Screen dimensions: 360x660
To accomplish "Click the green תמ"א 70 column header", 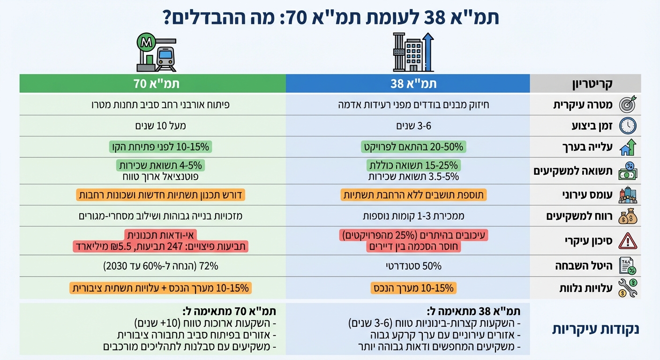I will (153, 83).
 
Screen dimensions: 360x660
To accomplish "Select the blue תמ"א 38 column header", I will (408, 83).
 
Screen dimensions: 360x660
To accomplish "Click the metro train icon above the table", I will (156, 52).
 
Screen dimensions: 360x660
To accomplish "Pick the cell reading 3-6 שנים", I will (408, 126).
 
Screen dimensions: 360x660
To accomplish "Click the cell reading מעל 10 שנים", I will (153, 126).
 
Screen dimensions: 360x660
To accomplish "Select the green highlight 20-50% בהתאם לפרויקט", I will (413, 147).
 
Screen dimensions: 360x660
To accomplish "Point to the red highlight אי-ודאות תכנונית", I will (161, 235).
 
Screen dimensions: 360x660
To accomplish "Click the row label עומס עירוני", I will (585, 195).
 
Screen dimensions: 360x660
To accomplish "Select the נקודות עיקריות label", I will (595, 329).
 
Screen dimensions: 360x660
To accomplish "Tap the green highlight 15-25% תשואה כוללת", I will (413, 165).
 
